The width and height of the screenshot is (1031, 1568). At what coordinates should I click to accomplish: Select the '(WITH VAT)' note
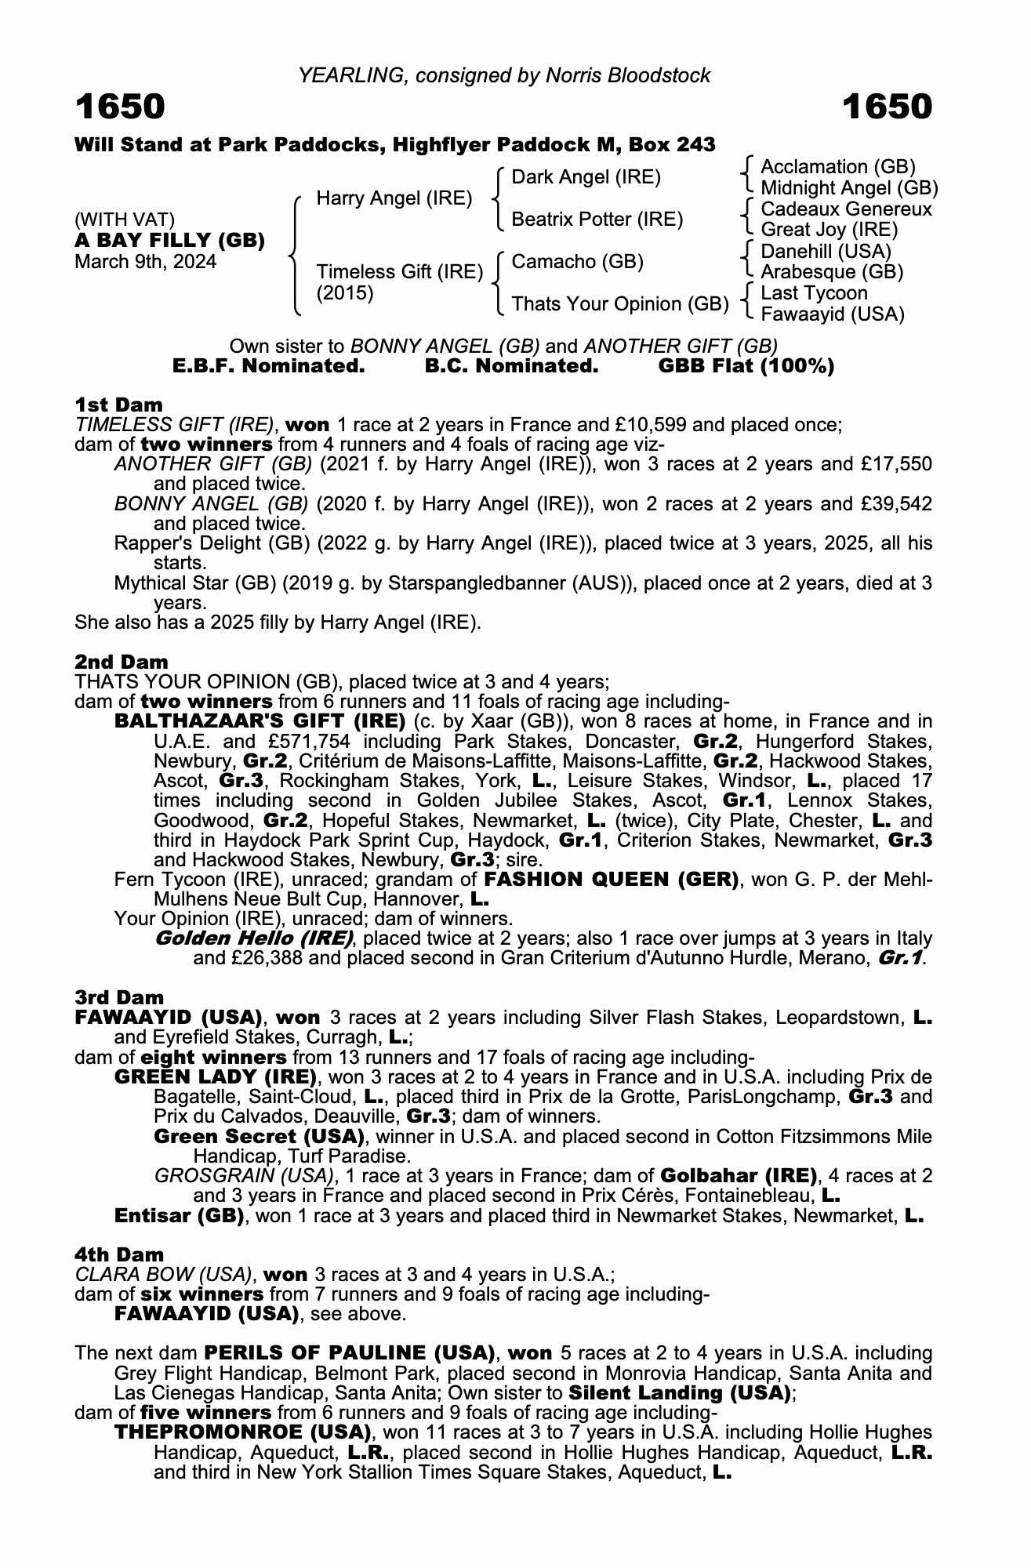(x=125, y=220)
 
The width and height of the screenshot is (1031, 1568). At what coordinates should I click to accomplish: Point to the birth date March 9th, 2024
(x=145, y=262)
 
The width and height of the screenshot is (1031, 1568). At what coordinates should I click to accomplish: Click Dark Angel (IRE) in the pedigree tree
(x=586, y=177)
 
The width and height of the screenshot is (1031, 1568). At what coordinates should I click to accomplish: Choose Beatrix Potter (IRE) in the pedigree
(x=597, y=220)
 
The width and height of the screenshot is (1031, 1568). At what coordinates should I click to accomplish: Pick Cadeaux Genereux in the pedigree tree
(x=846, y=209)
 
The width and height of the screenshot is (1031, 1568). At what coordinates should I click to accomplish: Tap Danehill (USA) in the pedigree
(x=826, y=252)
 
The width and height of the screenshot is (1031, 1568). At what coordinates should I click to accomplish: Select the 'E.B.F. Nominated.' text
(x=268, y=366)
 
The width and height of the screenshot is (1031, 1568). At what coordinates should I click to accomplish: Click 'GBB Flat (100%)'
(x=746, y=366)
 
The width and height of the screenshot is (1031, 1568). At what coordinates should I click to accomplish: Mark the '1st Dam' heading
(x=118, y=405)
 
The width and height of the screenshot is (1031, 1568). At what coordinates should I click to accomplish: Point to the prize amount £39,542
(x=897, y=503)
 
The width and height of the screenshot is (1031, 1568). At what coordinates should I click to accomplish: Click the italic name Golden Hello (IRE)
(x=253, y=938)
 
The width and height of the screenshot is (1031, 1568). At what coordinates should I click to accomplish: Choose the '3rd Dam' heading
(x=119, y=997)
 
